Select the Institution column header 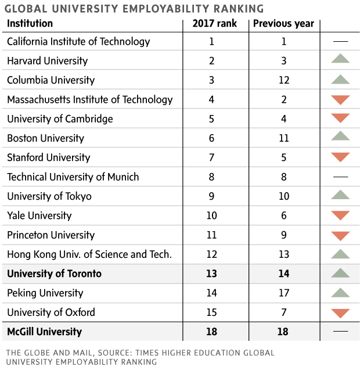click(x=30, y=24)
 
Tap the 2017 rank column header click(x=212, y=24)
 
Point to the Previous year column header click(x=284, y=24)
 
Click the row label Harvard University click(x=47, y=61)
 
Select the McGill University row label click(x=45, y=332)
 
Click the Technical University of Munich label click(x=73, y=177)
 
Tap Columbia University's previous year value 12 click(x=284, y=80)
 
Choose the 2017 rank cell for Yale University click(x=212, y=215)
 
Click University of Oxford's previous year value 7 click(x=284, y=312)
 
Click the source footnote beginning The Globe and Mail click(x=139, y=357)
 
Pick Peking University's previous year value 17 click(x=284, y=293)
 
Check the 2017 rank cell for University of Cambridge click(x=212, y=119)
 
